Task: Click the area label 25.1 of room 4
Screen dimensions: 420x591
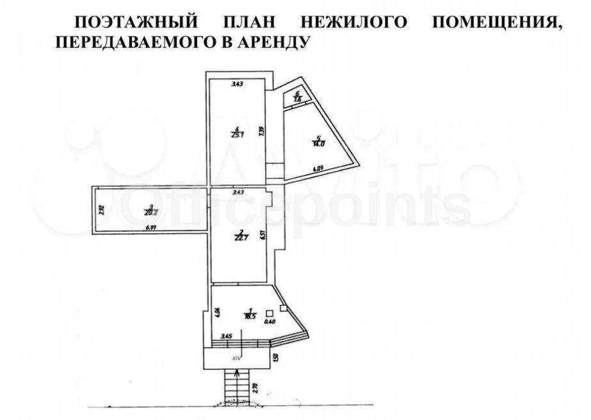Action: (x=236, y=135)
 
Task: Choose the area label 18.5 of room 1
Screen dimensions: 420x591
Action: (x=243, y=316)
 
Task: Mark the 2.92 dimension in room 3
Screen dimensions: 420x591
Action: (x=101, y=207)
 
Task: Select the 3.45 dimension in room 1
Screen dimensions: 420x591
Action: (x=227, y=335)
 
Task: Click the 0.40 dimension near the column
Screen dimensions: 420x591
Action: (x=270, y=322)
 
